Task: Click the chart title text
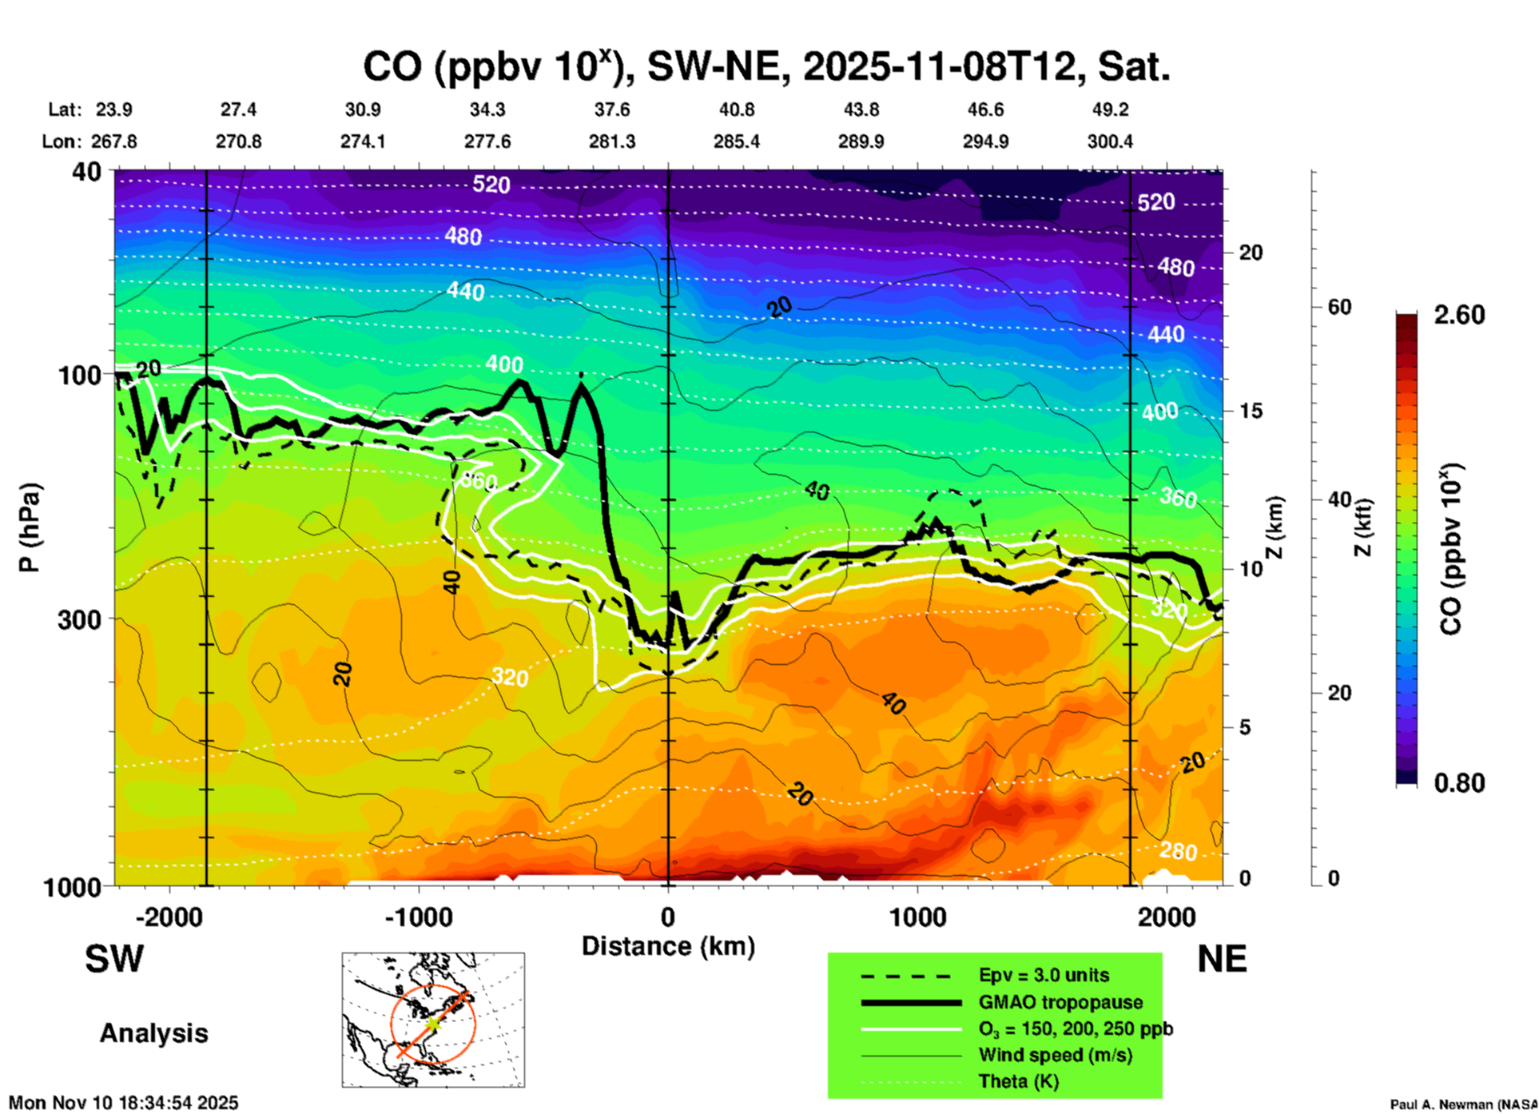[x=766, y=66]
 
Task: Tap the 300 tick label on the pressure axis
[x=79, y=619]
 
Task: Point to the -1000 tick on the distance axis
[x=418, y=917]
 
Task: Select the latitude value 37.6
[x=612, y=109]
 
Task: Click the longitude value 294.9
[x=985, y=141]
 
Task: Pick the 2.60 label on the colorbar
[x=1459, y=315]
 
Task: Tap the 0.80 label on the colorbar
[x=1459, y=783]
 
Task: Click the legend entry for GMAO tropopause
[x=1060, y=1002]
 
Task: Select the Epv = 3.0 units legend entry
[x=1044, y=975]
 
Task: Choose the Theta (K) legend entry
[x=1018, y=1081]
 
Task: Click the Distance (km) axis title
[x=668, y=946]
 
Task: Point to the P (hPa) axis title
[x=30, y=527]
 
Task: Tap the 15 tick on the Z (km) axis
[x=1251, y=411]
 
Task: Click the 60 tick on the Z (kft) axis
[x=1339, y=307]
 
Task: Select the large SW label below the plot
[x=114, y=959]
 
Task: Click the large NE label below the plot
[x=1222, y=959]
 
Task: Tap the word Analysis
[x=153, y=1033]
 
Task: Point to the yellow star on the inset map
[x=432, y=1023]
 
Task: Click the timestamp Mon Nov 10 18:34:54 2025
[x=124, y=1103]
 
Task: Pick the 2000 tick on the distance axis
[x=1167, y=917]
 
